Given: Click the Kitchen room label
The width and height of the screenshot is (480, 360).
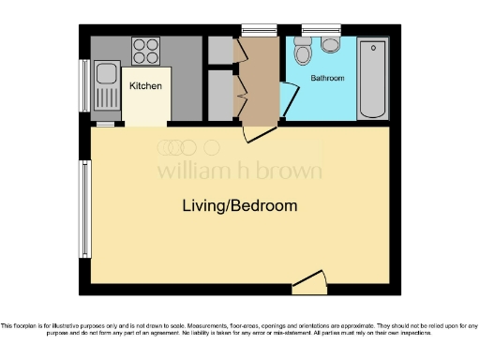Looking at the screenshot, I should coord(145,86).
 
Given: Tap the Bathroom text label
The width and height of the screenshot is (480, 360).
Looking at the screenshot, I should coord(328,79).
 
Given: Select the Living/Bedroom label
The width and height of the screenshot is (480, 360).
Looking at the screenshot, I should coord(240,205).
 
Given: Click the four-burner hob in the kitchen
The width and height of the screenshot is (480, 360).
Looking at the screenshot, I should coord(146,48).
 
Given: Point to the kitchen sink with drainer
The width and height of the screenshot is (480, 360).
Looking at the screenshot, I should coord(106,85).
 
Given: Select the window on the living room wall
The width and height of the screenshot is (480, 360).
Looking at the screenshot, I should coord(85,203).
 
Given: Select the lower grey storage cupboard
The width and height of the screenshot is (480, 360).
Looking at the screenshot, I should coord(219,95).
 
